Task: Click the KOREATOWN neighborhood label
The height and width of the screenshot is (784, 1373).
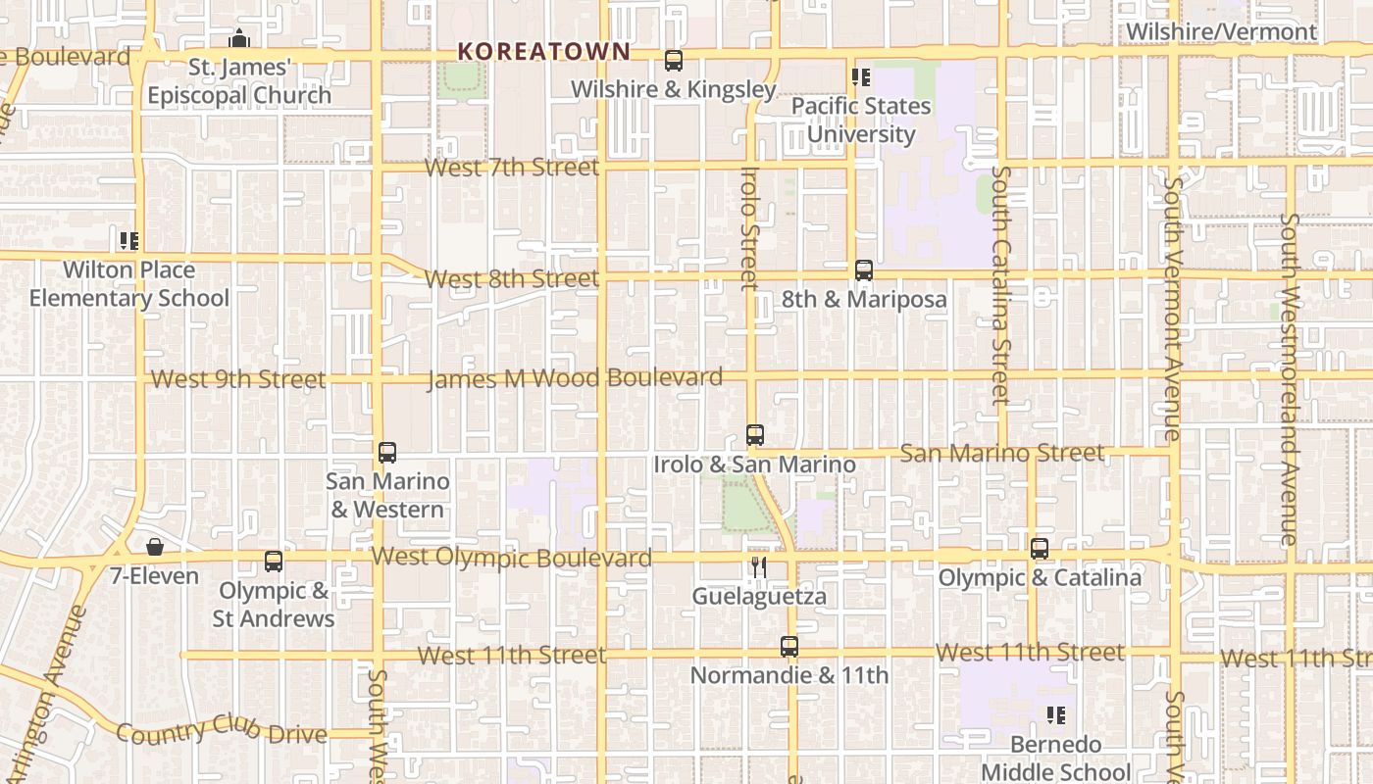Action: click(x=543, y=51)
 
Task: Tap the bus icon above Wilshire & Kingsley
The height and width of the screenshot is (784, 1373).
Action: click(x=674, y=61)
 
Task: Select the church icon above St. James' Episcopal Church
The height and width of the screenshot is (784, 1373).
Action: click(x=238, y=39)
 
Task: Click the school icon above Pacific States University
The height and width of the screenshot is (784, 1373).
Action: click(x=861, y=76)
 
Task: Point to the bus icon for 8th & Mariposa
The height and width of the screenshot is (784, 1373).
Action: click(x=864, y=270)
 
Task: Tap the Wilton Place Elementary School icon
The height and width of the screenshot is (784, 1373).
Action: click(x=128, y=240)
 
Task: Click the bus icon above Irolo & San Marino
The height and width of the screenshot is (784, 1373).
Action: click(x=754, y=435)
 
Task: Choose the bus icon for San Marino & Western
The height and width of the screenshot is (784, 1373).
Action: click(x=387, y=453)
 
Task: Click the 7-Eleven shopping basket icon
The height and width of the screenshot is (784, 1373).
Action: click(x=155, y=547)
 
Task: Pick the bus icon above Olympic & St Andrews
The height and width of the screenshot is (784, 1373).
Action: click(x=274, y=562)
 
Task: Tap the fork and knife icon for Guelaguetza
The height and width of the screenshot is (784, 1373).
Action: click(x=758, y=567)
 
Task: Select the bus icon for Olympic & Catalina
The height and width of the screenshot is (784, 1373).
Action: click(x=1040, y=549)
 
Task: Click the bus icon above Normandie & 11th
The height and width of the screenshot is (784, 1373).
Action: click(x=789, y=647)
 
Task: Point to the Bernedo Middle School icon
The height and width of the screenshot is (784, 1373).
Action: click(x=1056, y=715)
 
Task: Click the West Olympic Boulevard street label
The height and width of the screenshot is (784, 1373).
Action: click(x=511, y=558)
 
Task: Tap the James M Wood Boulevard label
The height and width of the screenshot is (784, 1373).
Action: click(x=575, y=377)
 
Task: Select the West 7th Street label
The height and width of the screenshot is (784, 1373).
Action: click(x=511, y=168)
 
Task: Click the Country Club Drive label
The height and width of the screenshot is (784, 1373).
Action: click(x=222, y=732)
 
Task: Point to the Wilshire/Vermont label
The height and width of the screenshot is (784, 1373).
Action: click(x=1221, y=31)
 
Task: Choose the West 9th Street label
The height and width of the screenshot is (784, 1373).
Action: click(x=238, y=379)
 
